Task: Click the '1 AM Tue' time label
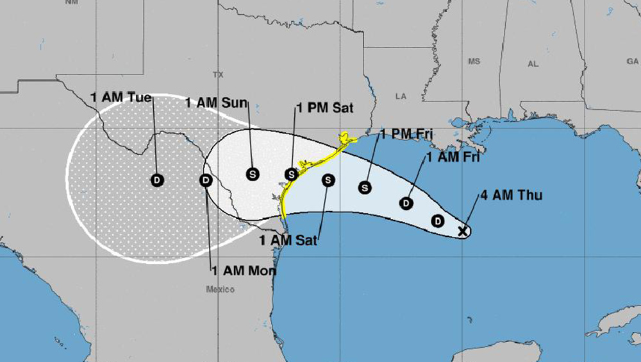click(x=121, y=98)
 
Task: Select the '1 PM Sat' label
click(x=325, y=108)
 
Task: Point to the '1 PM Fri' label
click(x=407, y=135)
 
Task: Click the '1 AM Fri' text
click(x=453, y=156)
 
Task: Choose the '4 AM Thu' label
click(x=511, y=195)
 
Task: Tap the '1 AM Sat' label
click(x=288, y=240)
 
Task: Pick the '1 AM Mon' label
click(x=244, y=271)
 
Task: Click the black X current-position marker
click(x=463, y=231)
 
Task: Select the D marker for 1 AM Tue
click(x=157, y=180)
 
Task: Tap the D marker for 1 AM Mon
click(x=206, y=180)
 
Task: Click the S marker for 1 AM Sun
click(x=253, y=173)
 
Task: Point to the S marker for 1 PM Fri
click(x=365, y=187)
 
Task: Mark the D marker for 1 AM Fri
click(x=405, y=203)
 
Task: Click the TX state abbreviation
click(x=218, y=74)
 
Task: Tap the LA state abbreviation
click(x=401, y=96)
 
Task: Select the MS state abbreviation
click(x=474, y=62)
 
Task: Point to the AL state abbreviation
click(x=533, y=64)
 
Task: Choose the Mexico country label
click(x=220, y=289)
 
